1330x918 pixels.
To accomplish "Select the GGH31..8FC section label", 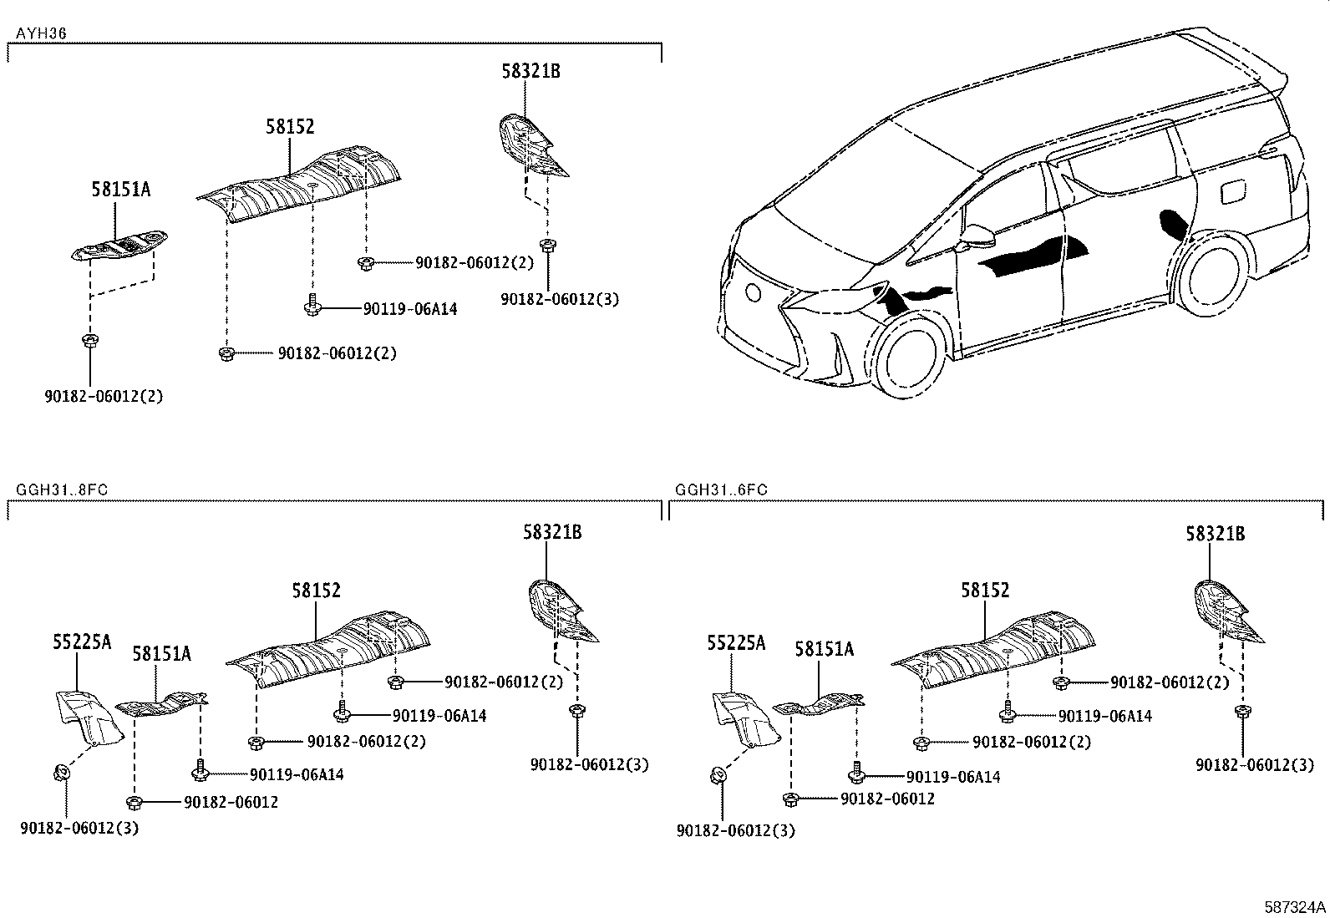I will pos(61,489).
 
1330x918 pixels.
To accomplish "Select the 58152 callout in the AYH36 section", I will pos(290,126).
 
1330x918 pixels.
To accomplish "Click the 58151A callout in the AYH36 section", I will pos(121,190).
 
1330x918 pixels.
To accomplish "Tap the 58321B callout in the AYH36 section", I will pos(530,71).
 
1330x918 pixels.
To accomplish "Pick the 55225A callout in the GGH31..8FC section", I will pos(82,642).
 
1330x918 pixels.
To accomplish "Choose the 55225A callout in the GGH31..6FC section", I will pos(736,642).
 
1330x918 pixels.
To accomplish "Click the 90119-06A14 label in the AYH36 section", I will pos(410,309).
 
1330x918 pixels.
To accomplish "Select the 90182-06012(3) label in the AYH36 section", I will pos(560,299).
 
